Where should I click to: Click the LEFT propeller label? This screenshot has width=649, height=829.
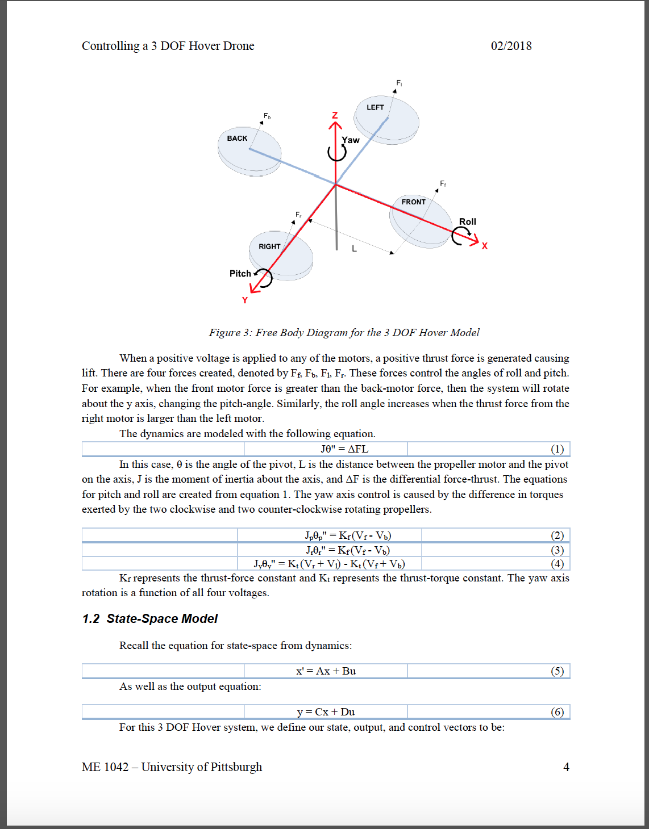coord(375,107)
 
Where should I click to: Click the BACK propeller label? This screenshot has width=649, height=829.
coord(237,139)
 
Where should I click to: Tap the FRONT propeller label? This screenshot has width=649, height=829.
coord(413,202)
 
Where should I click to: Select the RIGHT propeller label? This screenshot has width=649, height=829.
coord(269,246)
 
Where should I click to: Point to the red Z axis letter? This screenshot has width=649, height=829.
coord(335,115)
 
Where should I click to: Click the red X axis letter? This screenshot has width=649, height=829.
coord(485,246)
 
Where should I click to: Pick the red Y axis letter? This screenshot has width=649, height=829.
coord(245,300)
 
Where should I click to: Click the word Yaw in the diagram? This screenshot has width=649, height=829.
coord(351,140)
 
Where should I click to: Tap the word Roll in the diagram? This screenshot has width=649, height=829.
coord(467,221)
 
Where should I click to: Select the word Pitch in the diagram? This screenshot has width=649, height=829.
coord(240,274)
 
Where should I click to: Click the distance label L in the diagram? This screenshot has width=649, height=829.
coord(354,249)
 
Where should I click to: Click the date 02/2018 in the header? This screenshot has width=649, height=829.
coord(511,46)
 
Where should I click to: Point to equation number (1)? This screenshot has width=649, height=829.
coord(557,449)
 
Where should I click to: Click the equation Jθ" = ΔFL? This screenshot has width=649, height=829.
coord(344,449)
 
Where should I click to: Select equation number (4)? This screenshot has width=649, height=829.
coord(557,564)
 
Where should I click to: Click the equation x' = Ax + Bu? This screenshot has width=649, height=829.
coord(326,671)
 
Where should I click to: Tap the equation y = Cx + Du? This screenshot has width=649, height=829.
coord(326,712)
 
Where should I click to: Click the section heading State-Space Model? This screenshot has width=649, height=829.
coord(162,619)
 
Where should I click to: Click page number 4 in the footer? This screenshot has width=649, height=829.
coord(566,767)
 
